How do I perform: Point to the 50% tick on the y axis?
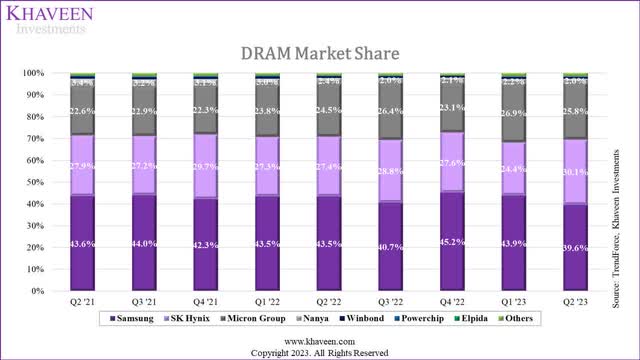[x=37, y=182]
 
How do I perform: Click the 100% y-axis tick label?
[x=35, y=73]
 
